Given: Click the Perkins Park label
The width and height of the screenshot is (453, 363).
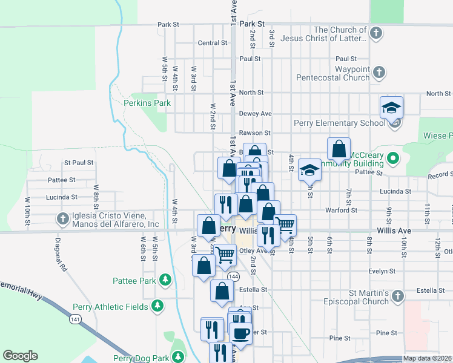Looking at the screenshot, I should [x=147, y=103].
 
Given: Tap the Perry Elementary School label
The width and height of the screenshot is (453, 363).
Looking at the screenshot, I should [x=339, y=123].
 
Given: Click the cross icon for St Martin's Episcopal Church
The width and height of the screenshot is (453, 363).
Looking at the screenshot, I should [x=397, y=296].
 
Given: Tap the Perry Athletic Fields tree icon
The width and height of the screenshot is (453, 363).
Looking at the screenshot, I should [x=157, y=307].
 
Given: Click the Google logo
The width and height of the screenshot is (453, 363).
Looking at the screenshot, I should [x=20, y=356].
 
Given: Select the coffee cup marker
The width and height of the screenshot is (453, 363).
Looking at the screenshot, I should [x=240, y=333].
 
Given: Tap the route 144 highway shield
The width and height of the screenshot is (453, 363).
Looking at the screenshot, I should [x=233, y=276].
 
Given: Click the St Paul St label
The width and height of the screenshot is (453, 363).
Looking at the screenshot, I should [x=79, y=163].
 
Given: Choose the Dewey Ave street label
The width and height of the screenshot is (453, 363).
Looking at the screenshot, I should [x=255, y=113].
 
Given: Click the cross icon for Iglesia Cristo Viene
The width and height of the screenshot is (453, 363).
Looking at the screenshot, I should [x=62, y=218].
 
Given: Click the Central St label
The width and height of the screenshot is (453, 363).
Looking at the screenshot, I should [x=212, y=43].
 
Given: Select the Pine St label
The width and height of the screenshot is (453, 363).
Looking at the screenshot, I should [x=386, y=333].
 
